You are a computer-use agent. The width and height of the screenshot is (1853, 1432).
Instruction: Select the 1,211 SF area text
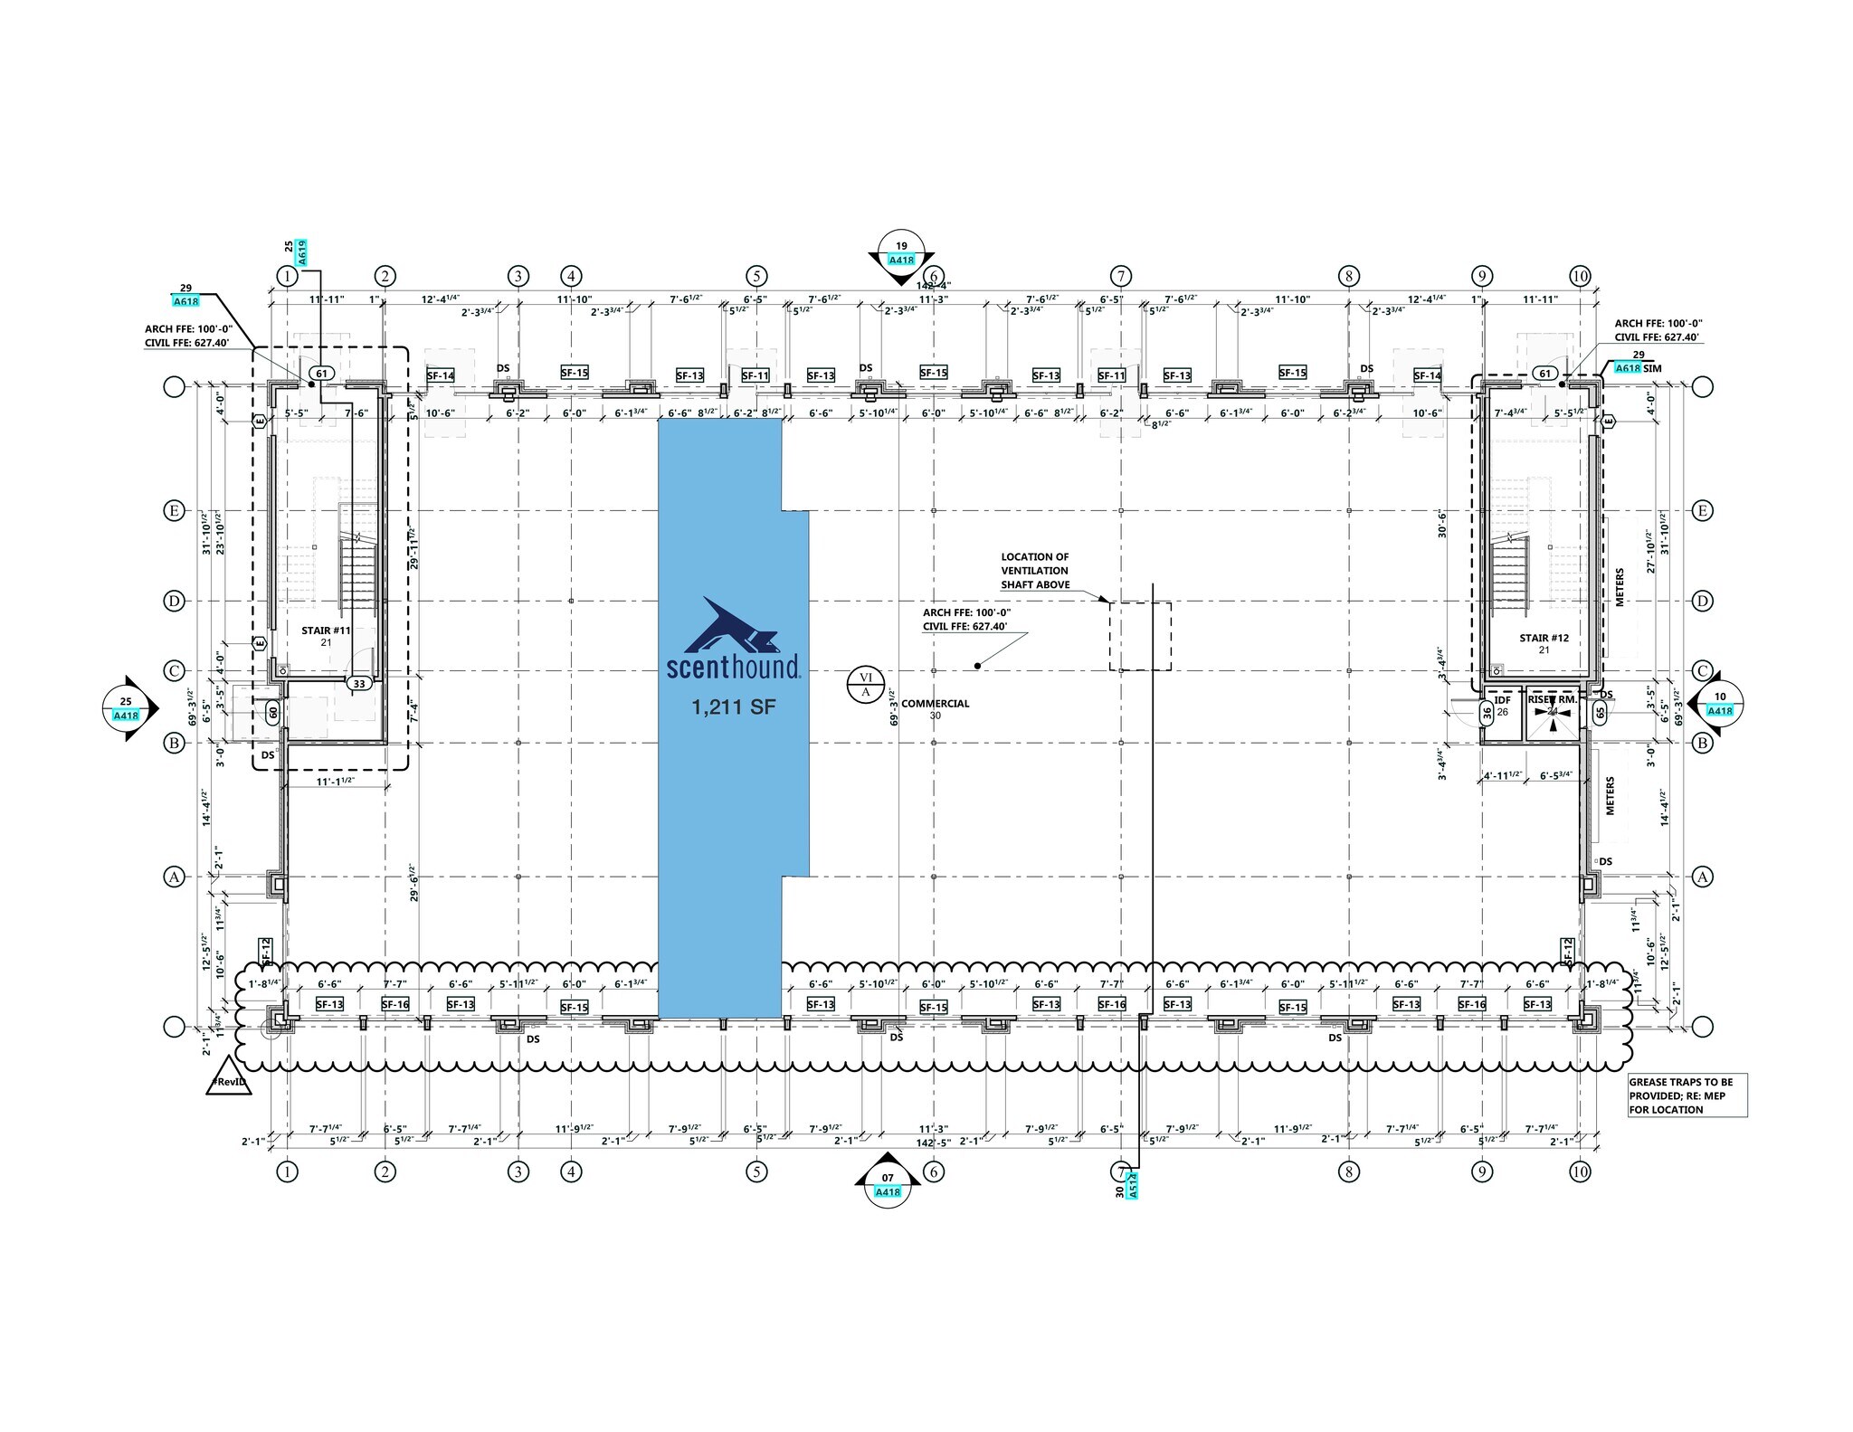tap(733, 707)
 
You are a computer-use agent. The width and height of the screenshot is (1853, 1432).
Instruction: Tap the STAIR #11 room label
tap(326, 631)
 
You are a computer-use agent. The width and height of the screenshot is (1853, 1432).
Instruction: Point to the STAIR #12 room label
tap(1544, 639)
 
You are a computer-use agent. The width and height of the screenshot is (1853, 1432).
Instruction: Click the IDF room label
tap(1502, 700)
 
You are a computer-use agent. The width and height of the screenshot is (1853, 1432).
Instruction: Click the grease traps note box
tap(1687, 1095)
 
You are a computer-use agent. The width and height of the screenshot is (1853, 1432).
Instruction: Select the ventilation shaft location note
tap(1035, 571)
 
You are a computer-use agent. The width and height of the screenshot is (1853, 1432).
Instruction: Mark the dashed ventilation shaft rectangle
tap(1140, 636)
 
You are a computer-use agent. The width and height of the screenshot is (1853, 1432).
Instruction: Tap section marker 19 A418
tap(901, 252)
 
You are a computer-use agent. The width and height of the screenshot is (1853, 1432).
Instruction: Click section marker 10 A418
tap(1719, 704)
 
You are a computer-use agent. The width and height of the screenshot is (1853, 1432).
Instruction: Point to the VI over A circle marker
tap(865, 685)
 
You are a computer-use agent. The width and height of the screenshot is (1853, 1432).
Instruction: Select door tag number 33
tap(359, 684)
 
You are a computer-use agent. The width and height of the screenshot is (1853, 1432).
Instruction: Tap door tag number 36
tap(1486, 713)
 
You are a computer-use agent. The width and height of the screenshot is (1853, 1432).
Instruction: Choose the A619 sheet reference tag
tap(302, 251)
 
